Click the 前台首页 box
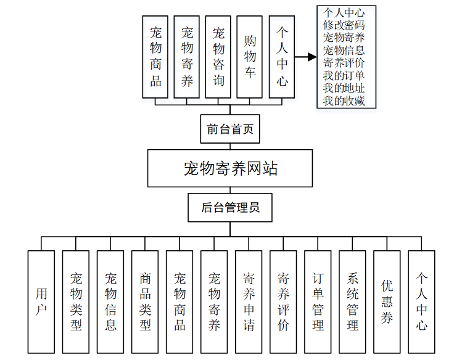coord(230,129)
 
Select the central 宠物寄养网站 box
coord(230,168)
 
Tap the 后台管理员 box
coord(230,208)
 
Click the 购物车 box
coord(250,57)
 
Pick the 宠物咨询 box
coord(218,57)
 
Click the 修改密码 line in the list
coord(344,25)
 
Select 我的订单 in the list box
coord(344,75)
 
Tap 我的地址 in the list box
coord(344,88)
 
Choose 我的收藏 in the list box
coord(344,100)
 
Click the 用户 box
coord(41,301)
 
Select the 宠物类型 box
coord(76,301)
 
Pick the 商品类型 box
coord(145,301)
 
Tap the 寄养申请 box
coord(249,301)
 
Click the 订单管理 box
coord(318,301)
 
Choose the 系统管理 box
coord(352,301)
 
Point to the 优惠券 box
coord(387,301)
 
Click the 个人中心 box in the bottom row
coord(421,301)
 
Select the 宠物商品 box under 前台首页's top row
coord(155,57)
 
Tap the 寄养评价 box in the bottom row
coord(283,301)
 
